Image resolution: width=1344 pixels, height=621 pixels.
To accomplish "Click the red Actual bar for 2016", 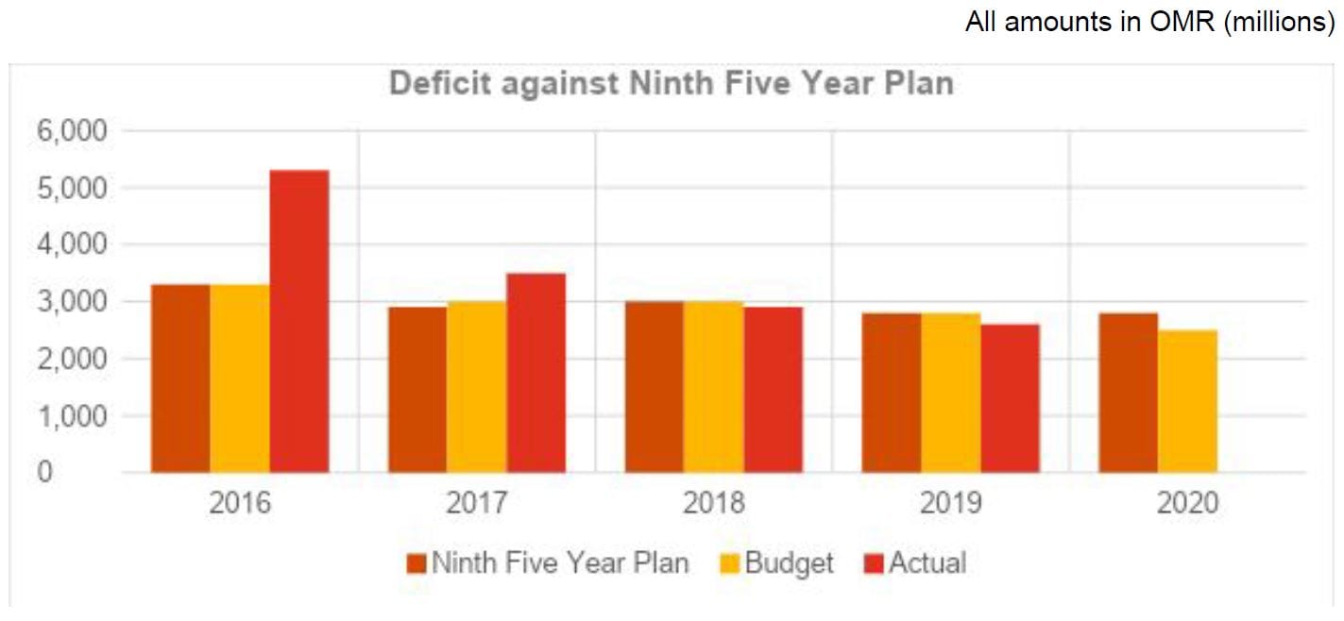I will (298, 321).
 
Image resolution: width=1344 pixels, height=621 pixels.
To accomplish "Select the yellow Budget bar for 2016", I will (240, 378).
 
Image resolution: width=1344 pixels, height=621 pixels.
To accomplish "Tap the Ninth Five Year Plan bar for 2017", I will (417, 389).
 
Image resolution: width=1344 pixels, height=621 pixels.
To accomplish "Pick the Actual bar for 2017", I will (536, 373).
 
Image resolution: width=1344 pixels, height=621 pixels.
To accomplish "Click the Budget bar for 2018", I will (713, 387).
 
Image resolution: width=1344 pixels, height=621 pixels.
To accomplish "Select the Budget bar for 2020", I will (1187, 401).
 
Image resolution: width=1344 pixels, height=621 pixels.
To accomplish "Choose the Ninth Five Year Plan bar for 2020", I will (1128, 393).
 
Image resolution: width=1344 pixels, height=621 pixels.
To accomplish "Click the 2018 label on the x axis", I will (713, 502).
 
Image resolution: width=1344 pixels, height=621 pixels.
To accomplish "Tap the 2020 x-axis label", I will (1187, 502).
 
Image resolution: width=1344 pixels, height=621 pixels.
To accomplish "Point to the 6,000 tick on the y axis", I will (73, 130).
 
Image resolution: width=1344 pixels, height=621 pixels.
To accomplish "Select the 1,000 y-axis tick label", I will (73, 415).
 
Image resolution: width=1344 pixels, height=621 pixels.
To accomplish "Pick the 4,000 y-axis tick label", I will (73, 244).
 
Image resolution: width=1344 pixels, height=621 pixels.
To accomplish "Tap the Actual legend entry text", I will (927, 563).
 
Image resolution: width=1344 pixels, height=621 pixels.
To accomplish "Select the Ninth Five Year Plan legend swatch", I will (417, 564).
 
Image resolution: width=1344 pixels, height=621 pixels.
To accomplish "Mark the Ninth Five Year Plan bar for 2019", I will (891, 393).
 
